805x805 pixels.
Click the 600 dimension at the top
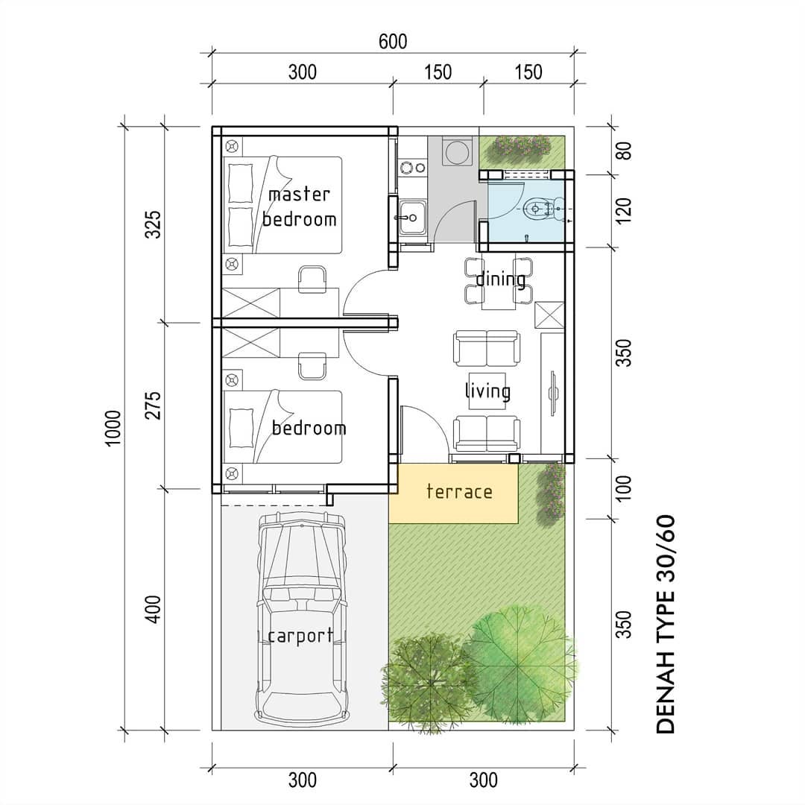tap(393, 42)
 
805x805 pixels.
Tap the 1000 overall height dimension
tap(113, 428)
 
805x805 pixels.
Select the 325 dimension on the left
tap(153, 224)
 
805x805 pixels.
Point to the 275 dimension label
tap(153, 405)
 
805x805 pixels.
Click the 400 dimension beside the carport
tap(153, 610)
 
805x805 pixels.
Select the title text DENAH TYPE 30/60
tap(666, 624)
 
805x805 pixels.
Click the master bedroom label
tap(300, 207)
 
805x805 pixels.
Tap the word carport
tap(300, 636)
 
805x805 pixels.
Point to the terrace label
tap(459, 491)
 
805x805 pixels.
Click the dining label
tap(501, 280)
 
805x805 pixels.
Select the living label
tap(487, 391)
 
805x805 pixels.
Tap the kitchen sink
tap(412, 217)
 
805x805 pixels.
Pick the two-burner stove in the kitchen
tap(412, 167)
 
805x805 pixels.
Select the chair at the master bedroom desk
tap(312, 280)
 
